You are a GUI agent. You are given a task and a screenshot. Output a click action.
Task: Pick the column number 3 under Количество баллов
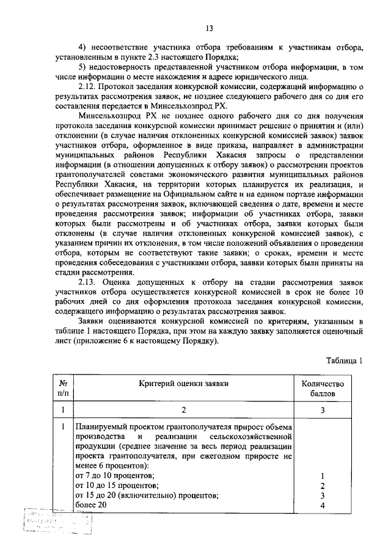(x=323, y=411)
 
